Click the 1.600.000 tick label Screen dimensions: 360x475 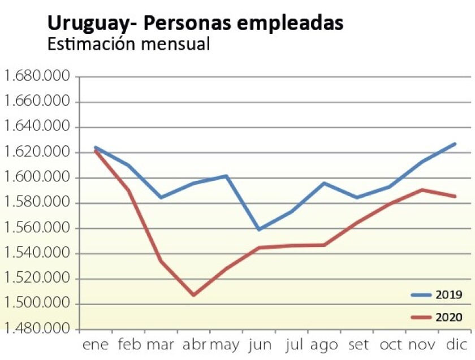tap(36, 178)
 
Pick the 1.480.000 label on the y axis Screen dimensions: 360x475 tap(36, 329)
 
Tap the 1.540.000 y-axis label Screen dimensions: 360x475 tap(36, 254)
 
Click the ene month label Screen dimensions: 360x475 tap(95, 345)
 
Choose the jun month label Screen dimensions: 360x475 tap(260, 345)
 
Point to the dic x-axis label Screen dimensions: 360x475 tap(455, 345)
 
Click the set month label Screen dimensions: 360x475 tap(358, 345)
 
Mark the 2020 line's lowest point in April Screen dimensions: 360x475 tap(194, 295)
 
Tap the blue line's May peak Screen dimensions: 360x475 tap(227, 176)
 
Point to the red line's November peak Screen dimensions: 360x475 tap(423, 190)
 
